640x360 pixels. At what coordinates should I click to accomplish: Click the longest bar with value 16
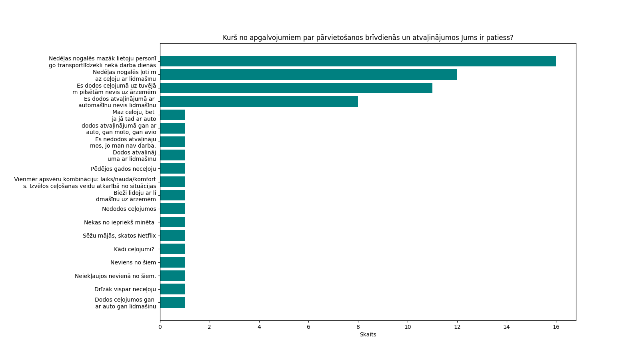point(358,61)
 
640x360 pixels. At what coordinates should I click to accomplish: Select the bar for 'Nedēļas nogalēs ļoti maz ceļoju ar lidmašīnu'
point(308,75)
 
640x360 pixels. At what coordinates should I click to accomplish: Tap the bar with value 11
point(296,88)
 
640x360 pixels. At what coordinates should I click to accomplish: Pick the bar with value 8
point(259,102)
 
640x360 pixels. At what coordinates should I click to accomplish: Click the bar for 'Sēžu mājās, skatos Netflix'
point(172,236)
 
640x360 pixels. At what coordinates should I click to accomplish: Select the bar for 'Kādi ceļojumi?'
point(172,249)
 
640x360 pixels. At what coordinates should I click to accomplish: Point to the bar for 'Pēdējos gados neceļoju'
point(172,168)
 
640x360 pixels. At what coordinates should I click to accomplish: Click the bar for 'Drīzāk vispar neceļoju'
point(172,289)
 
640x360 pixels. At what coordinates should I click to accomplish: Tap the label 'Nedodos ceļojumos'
point(129,209)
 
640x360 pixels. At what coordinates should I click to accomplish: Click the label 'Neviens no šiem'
point(133,262)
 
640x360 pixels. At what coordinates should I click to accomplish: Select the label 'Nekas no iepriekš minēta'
point(119,222)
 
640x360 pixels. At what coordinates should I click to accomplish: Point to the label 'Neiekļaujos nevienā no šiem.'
point(115,276)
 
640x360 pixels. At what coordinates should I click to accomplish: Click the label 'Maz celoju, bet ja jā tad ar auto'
point(134,115)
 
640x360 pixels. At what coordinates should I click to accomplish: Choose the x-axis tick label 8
point(358,327)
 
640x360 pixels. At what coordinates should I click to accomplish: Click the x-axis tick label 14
point(506,327)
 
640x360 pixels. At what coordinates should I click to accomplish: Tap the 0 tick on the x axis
point(160,327)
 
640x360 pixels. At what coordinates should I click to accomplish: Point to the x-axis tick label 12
point(457,327)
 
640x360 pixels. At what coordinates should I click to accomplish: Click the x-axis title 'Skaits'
point(368,334)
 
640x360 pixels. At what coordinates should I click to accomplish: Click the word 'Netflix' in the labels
point(146,236)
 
